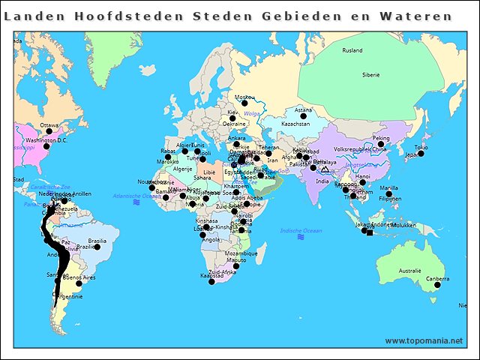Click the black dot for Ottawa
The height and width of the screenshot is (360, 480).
tap(49, 131)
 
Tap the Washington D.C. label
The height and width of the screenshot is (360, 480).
tap(46, 140)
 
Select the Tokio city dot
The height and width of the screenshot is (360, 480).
tap(421, 154)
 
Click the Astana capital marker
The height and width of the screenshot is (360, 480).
tap(303, 116)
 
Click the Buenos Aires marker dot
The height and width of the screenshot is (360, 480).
tap(79, 283)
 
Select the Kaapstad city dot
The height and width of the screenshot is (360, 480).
tap(211, 282)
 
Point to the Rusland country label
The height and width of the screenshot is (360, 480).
tap(352, 51)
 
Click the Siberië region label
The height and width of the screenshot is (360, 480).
tap(371, 75)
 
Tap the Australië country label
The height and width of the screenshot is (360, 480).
tap(409, 270)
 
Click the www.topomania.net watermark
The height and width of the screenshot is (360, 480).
tap(424, 340)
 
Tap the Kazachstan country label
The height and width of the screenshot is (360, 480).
tap(296, 124)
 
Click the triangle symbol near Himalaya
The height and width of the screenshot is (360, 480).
tap(324, 170)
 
